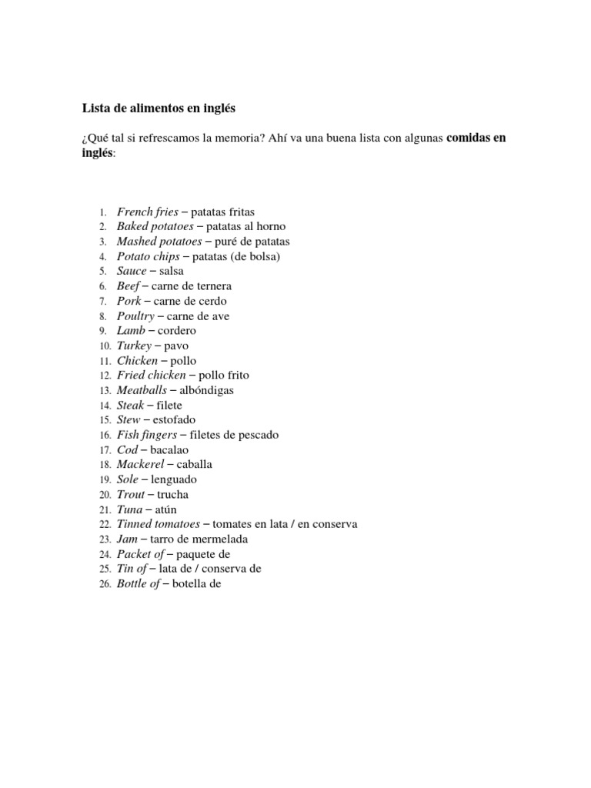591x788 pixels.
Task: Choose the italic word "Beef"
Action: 129,286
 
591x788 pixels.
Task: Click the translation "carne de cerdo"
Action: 190,301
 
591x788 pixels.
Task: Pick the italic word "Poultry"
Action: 135,316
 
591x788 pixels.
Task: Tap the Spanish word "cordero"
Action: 177,331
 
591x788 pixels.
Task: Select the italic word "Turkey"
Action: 135,346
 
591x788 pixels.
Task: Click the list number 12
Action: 105,376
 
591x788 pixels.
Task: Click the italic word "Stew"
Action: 129,420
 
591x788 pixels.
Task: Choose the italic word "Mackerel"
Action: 142,465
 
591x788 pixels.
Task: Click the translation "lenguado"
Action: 175,479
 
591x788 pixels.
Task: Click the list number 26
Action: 105,584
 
